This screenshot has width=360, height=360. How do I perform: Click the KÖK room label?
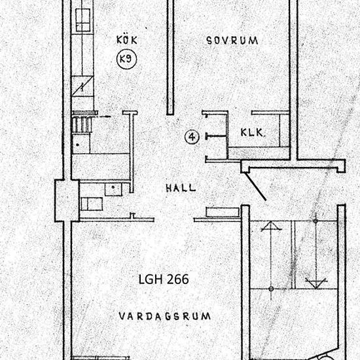point(127,40)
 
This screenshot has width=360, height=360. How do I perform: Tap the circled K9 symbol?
point(126,59)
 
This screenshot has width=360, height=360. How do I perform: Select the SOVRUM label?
point(232,41)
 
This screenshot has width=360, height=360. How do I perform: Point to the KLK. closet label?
point(252,132)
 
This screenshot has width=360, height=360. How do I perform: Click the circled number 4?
point(192,137)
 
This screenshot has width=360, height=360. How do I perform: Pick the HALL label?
point(181,188)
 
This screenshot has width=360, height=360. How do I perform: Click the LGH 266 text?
point(164,279)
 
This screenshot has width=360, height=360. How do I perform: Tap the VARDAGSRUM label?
point(164,316)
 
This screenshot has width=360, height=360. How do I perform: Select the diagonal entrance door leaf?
point(255,186)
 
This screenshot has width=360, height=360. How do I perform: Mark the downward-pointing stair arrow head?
point(316,283)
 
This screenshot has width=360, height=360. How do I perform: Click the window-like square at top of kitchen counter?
point(82,20)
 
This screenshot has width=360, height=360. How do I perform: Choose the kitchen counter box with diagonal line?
point(82,86)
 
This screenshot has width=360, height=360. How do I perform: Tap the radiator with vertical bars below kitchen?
point(82,124)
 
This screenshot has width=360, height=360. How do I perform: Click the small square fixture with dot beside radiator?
point(81,144)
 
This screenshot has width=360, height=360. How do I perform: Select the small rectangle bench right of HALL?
point(223,212)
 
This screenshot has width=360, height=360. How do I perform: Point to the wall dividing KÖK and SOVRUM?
point(170,57)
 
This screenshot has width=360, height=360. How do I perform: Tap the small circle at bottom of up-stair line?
point(271,289)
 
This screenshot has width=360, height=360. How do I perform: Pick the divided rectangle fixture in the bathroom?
point(92,204)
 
